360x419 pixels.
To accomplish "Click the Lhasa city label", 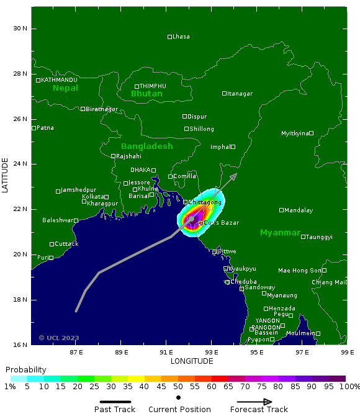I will click(181, 37).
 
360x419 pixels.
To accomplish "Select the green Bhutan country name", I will click(146, 94).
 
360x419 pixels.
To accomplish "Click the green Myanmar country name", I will click(280, 233).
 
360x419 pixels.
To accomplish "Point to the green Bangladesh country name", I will click(146, 146).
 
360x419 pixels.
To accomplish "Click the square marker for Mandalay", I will click(282, 210).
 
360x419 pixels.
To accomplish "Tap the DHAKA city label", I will click(140, 170).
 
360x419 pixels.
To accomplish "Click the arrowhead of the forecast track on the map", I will click(234, 176).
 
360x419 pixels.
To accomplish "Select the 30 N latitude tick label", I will click(20, 29).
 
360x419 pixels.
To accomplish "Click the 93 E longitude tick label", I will click(211, 352).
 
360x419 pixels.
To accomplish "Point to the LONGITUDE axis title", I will click(192, 361).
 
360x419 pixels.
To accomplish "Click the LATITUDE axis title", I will click(6, 175).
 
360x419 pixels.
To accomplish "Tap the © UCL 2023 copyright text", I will click(59, 338).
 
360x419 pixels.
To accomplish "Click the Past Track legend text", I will click(115, 410).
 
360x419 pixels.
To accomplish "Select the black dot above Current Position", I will click(179, 397).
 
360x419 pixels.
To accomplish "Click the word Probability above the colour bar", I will click(26, 369).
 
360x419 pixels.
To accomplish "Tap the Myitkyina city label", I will click(295, 133).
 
